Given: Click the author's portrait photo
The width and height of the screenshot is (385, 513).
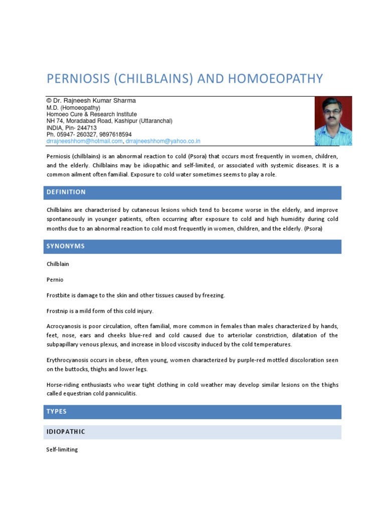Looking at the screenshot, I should point(333,121).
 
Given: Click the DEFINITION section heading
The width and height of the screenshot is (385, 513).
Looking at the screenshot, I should point(66,192).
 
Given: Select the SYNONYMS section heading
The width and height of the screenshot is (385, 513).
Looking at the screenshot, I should point(65,246).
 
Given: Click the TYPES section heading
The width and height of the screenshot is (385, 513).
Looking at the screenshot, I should point(57,412).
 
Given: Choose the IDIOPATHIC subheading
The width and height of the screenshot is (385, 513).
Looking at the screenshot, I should point(66,432).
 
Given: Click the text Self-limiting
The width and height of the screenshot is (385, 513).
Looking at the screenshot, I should point(62,450).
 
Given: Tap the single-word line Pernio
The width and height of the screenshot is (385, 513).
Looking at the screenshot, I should point(55,280).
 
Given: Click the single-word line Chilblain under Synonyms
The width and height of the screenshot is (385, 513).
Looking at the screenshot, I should point(58,264).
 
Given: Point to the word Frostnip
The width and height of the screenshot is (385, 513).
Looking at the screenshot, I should point(58,311).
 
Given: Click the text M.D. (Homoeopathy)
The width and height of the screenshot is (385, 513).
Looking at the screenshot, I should point(73,107).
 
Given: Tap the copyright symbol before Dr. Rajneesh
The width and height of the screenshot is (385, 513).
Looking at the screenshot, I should point(49,101).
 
